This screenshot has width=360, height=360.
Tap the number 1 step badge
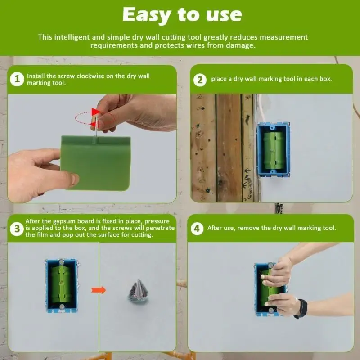[x=17, y=79]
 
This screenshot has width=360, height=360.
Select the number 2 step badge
[x=200, y=80]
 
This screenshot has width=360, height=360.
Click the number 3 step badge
[x=17, y=229]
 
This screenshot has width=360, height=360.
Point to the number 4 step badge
[x=197, y=229]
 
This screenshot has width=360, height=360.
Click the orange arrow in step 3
[x=99, y=290]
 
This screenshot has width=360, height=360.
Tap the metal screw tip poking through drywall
[x=138, y=291]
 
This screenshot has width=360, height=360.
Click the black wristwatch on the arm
[x=301, y=309]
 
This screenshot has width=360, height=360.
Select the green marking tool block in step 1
[x=96, y=163]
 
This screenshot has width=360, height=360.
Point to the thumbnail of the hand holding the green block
[x=74, y=178]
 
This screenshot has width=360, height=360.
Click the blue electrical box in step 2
[x=273, y=150]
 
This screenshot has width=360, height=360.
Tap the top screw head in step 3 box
[x=62, y=262]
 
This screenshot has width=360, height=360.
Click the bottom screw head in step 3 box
[x=62, y=306]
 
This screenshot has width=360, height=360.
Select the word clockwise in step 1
[x=90, y=76]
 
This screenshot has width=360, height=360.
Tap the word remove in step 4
[x=248, y=228]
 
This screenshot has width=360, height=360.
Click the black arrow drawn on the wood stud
[x=247, y=171]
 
